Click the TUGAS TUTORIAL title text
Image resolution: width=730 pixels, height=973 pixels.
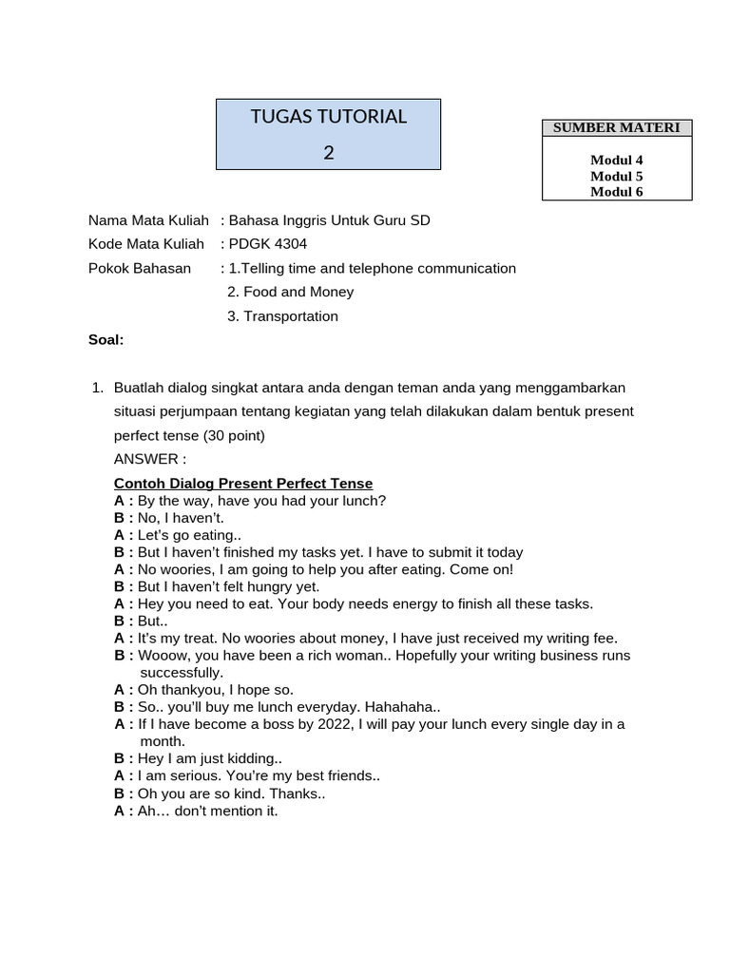[x=328, y=117]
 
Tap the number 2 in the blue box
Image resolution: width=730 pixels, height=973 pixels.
[x=328, y=152]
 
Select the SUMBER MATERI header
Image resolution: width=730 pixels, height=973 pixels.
[x=617, y=128]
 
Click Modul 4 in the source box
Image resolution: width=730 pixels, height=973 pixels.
[x=617, y=161]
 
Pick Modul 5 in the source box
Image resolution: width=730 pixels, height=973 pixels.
[x=617, y=176]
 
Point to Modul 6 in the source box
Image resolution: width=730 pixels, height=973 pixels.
[x=617, y=191]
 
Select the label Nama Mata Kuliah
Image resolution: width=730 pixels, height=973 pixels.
[x=148, y=220]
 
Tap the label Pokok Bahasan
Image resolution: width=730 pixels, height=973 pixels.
[x=140, y=268]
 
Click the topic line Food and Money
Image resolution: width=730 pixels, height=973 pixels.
[x=291, y=292]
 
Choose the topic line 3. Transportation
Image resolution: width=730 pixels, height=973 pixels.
[x=282, y=316]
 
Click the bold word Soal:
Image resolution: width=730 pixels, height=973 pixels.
[x=106, y=340]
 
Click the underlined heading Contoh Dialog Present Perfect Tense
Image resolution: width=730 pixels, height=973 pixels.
[x=243, y=484]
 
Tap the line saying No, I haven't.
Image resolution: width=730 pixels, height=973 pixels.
[x=181, y=518]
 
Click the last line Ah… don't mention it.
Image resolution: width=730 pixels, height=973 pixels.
[x=207, y=811]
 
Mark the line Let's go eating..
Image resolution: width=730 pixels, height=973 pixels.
[x=189, y=535]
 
